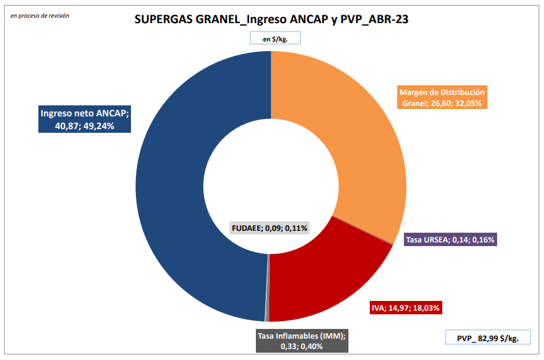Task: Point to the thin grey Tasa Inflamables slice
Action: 267,305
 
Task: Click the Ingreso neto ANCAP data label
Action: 85,119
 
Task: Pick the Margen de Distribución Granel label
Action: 442,97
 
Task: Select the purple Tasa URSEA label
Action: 451,240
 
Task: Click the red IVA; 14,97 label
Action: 405,308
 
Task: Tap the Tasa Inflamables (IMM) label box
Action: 302,341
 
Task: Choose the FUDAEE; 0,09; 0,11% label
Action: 270,228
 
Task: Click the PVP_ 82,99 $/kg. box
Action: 487,338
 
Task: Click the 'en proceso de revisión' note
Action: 40,15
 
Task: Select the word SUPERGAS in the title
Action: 163,19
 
